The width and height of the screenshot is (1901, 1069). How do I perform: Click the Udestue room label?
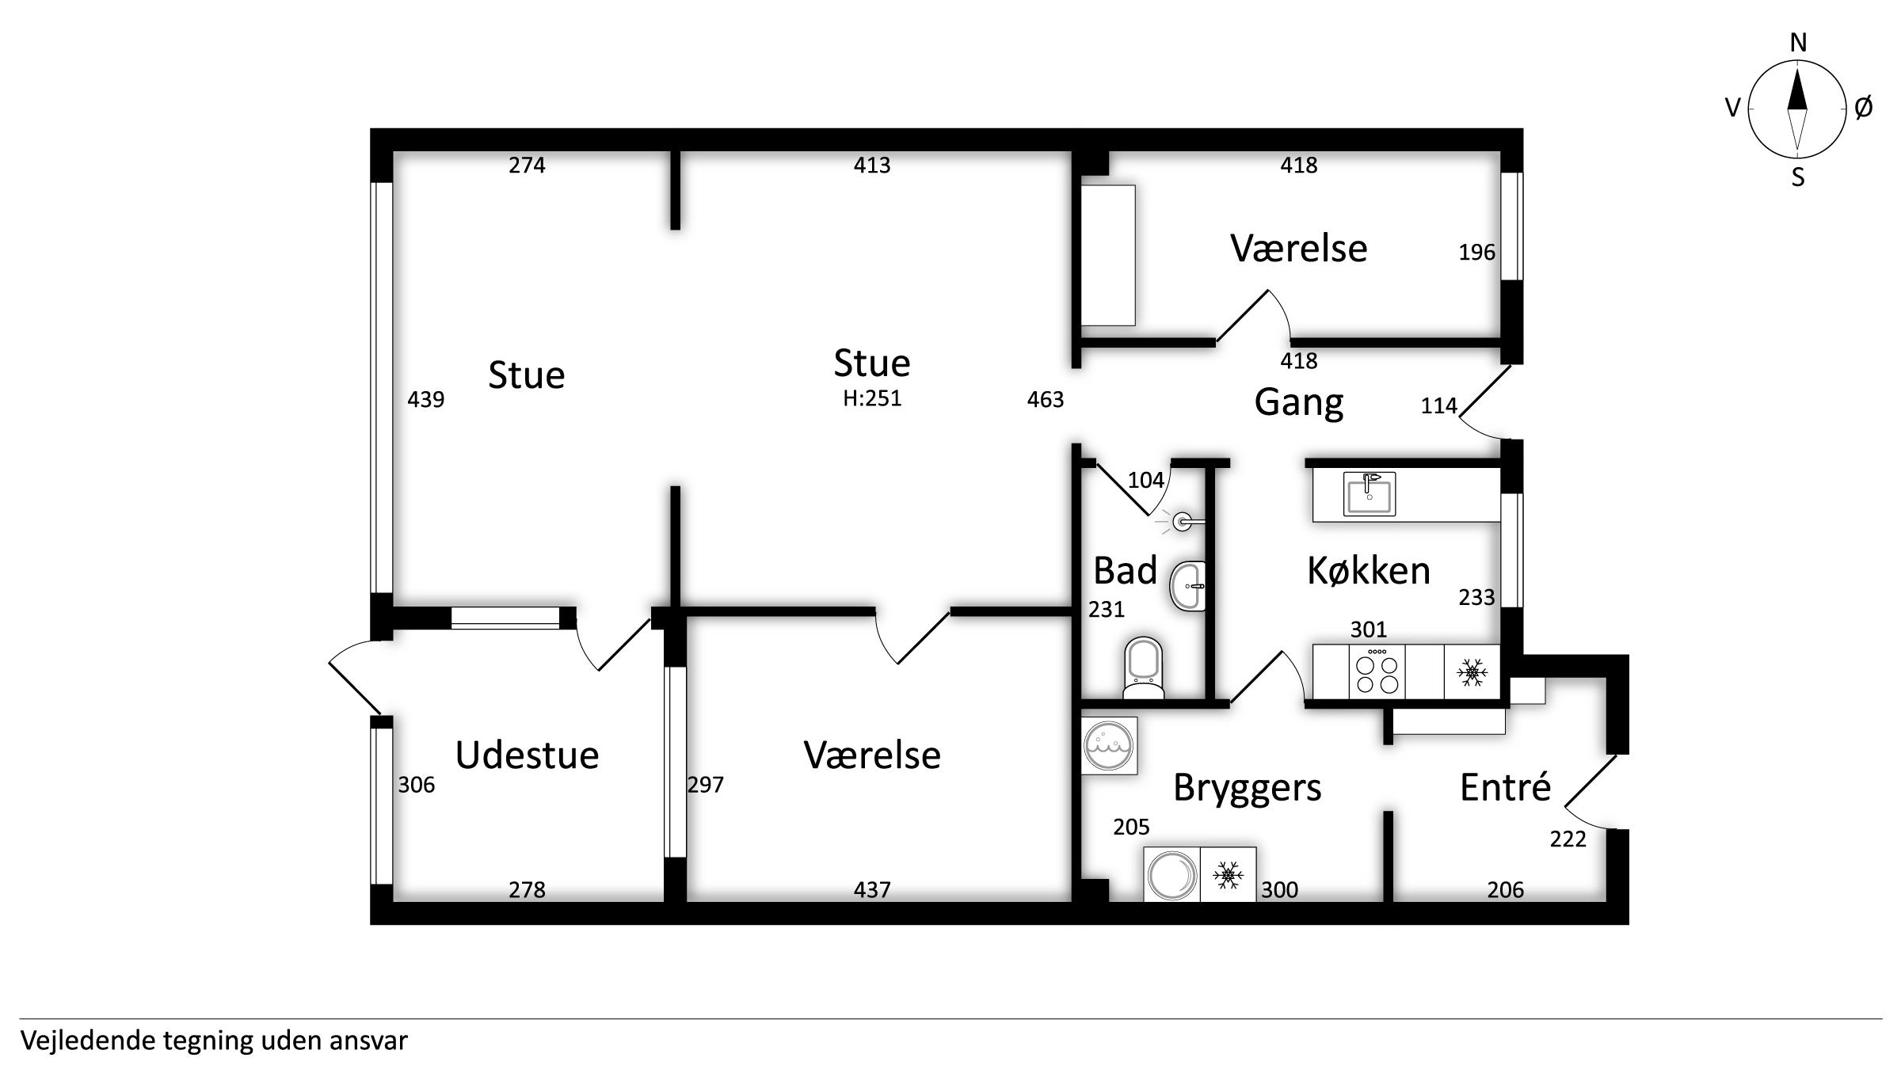tap(527, 755)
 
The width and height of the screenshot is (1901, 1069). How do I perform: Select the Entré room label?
tap(1505, 787)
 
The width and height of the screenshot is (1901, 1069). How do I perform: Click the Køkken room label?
tap(1369, 570)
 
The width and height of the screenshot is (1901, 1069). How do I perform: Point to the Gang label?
tap(1299, 403)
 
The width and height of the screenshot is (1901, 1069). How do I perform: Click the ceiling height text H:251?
tap(872, 398)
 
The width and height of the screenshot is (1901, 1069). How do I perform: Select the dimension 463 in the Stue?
tap(1046, 400)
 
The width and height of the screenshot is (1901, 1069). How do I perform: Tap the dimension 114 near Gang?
tap(1438, 406)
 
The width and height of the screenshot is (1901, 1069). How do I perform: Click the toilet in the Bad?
tap(1144, 669)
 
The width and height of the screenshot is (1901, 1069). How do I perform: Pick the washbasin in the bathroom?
tap(1187, 586)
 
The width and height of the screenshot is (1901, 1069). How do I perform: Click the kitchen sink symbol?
tap(1370, 493)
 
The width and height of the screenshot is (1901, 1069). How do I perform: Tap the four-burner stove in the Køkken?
tap(1377, 672)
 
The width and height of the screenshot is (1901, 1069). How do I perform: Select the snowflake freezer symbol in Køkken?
tap(1472, 672)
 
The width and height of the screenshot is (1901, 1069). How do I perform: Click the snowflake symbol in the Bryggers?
tap(1229, 875)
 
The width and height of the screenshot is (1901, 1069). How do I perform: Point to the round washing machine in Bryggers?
tap(1172, 875)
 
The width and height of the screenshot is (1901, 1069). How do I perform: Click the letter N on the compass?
tap(1798, 43)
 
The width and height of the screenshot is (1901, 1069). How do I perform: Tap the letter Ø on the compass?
tap(1864, 108)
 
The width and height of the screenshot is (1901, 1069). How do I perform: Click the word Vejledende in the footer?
tap(88, 1040)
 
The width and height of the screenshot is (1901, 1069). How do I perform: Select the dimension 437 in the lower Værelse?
tap(872, 890)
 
